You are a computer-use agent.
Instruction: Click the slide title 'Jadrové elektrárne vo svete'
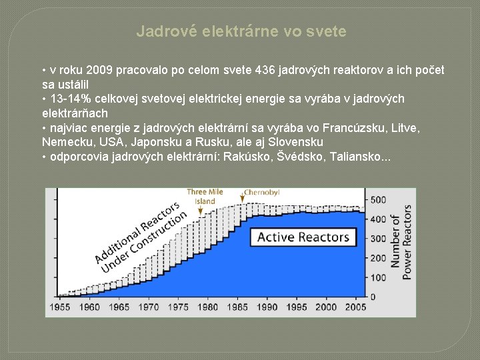click(241, 31)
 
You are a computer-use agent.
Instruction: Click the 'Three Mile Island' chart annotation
click(205, 196)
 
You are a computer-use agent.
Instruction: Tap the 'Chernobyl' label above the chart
click(261, 192)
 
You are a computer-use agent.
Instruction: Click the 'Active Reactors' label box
click(303, 237)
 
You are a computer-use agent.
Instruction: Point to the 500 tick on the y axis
click(378, 200)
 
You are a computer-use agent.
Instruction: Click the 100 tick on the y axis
click(378, 277)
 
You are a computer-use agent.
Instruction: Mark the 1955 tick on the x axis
click(59, 307)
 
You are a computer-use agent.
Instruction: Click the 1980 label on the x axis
click(209, 307)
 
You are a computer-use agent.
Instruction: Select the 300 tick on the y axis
click(378, 239)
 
